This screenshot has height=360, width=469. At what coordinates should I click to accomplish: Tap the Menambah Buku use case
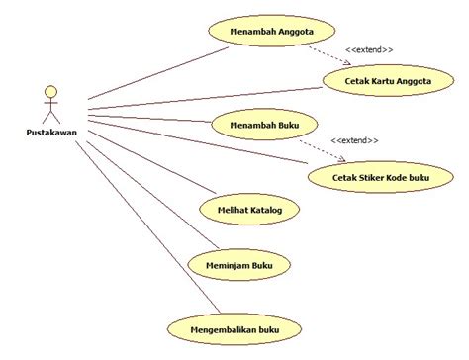(x=264, y=125)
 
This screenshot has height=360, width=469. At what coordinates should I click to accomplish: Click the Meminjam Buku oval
(x=244, y=264)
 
